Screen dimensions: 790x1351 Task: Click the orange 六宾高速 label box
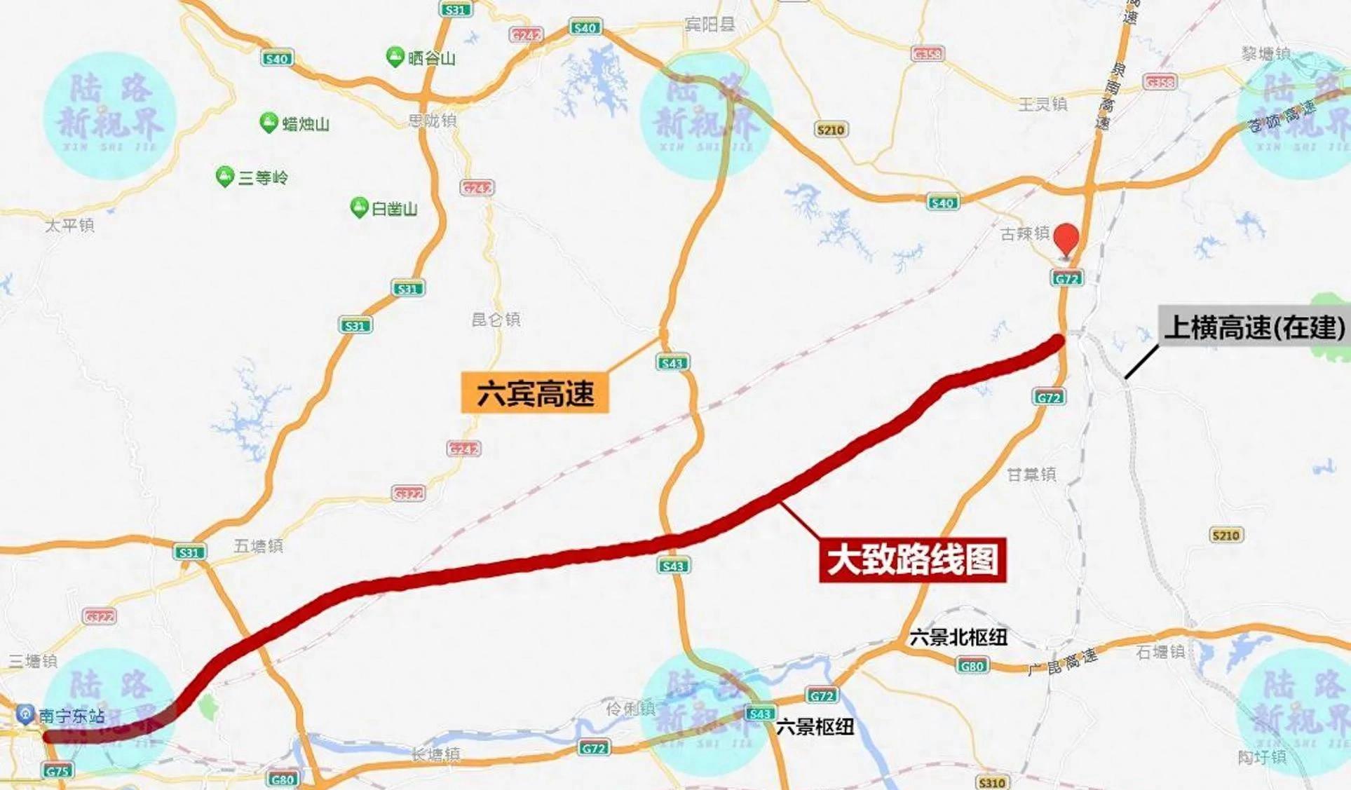pos(535,393)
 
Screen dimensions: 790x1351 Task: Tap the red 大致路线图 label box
pos(912,559)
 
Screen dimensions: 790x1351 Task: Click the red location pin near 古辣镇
pos(1066,239)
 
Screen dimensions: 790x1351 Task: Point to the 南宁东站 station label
pos(71,716)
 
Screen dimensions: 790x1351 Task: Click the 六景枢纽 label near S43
pos(815,727)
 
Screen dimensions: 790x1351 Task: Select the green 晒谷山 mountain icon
pos(395,56)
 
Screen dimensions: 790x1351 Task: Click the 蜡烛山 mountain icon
pos(268,122)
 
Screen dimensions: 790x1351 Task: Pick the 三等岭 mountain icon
pos(224,176)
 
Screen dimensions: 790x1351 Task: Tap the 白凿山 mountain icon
pos(359,207)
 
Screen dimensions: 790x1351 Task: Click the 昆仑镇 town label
pos(496,320)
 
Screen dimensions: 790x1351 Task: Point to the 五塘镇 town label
pos(258,545)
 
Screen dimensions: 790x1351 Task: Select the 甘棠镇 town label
pos(1031,475)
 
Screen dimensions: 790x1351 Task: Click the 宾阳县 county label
pos(710,25)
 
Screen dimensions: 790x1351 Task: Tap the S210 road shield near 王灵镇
pos(831,130)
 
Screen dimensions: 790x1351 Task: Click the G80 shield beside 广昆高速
pos(972,665)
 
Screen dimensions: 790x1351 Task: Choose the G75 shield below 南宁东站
pos(57,771)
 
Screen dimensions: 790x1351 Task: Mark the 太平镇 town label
pos(69,225)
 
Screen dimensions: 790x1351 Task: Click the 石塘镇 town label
pos(1160,652)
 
